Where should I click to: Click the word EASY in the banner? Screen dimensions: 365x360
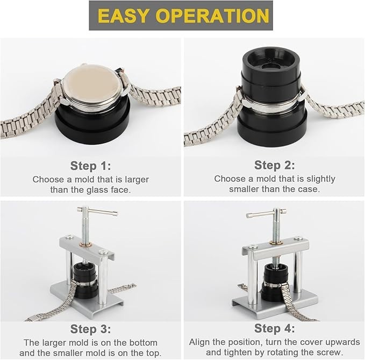click(124, 16)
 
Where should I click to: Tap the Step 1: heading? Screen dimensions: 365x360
click(90, 166)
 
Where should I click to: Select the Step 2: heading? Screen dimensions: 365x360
click(275, 165)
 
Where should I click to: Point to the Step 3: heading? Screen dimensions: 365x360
click(90, 329)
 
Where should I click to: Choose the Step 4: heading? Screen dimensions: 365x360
click(275, 328)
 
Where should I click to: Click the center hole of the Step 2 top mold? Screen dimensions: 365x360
click(270, 67)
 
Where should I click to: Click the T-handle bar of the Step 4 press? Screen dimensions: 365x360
click(267, 213)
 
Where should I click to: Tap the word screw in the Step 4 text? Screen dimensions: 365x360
click(330, 352)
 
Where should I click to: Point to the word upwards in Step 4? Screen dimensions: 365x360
click(342, 343)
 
